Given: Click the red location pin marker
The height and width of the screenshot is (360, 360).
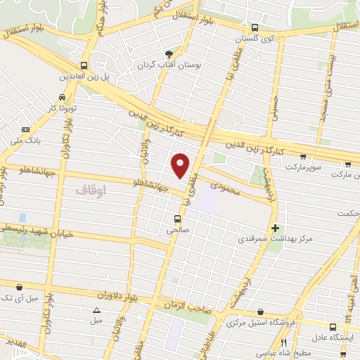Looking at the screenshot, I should pyautogui.click(x=181, y=165).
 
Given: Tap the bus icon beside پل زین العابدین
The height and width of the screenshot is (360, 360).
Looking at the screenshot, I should pyautogui.click(x=84, y=62).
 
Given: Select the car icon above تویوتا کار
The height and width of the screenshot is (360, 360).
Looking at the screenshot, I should pyautogui.click(x=63, y=96).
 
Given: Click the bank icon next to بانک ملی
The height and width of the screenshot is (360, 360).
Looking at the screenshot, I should pyautogui.click(x=26, y=129).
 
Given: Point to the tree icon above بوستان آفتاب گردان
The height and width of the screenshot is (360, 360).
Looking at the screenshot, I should pyautogui.click(x=168, y=53).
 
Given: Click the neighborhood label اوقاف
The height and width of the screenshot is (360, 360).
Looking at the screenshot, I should pyautogui.click(x=90, y=190).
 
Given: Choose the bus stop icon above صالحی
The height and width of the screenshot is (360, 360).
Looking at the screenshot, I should pyautogui.click(x=176, y=217).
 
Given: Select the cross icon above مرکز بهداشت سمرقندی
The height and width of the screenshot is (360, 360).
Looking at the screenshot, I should pyautogui.click(x=275, y=227).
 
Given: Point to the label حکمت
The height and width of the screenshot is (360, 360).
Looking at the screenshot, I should pyautogui.click(x=347, y=213).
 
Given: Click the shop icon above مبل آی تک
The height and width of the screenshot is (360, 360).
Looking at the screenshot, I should pyautogui.click(x=18, y=287).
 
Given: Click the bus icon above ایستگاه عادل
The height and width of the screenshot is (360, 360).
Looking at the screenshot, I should pyautogui.click(x=333, y=326).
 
